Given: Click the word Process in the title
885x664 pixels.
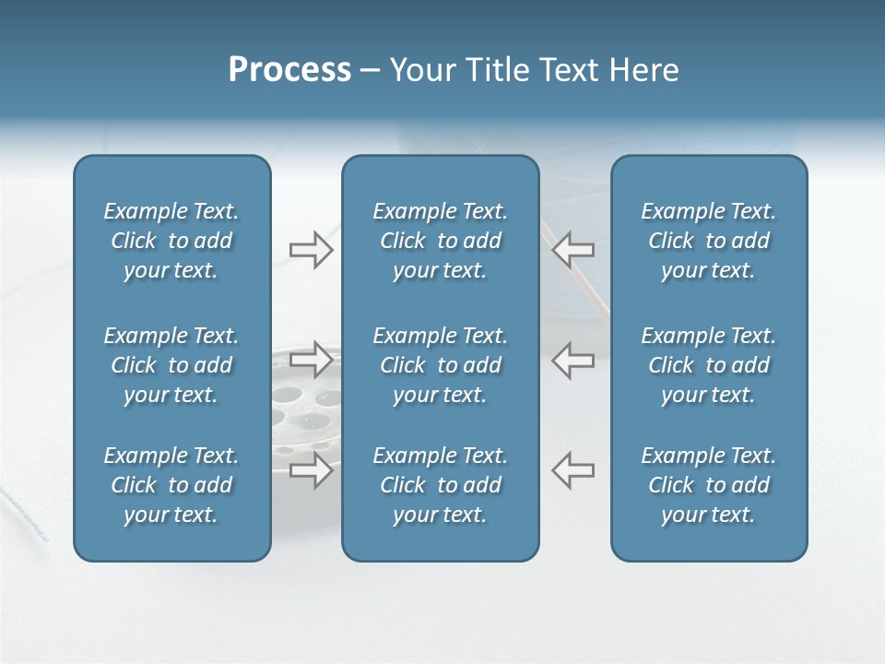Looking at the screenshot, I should tap(289, 70).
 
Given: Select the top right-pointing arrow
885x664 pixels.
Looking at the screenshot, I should tap(312, 250).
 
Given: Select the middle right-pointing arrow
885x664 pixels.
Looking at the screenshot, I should tap(312, 360).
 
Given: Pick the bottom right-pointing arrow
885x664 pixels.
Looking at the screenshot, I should tap(312, 470).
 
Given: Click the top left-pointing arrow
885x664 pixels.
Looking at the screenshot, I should tap(573, 250).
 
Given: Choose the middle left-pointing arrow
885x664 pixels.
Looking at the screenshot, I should tap(573, 360).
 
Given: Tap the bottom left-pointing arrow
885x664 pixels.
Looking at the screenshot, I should tap(573, 469).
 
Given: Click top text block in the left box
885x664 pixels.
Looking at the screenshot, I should tap(171, 241).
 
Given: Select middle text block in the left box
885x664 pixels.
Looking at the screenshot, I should tap(171, 365).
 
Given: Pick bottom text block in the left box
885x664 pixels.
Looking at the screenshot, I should tap(171, 485).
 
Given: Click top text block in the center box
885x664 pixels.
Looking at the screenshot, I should tap(440, 241).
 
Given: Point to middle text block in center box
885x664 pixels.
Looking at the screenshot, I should tap(440, 365).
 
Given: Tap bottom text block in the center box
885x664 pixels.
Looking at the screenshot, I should tap(440, 485).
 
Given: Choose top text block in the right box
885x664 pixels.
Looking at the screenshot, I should tap(708, 241).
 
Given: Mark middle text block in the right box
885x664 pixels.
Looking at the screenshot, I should tap(708, 365).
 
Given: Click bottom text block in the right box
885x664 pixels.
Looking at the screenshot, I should tap(708, 485).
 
